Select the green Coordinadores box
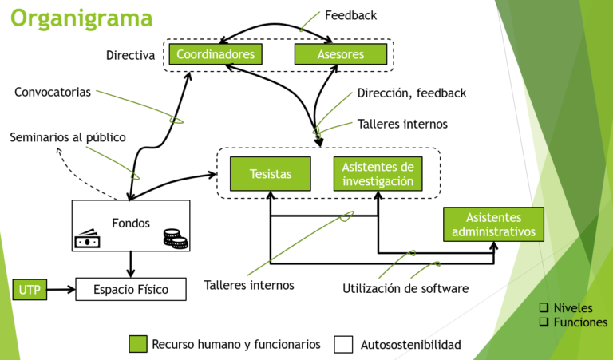click(x=216, y=54)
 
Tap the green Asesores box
click(x=341, y=54)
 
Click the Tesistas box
click(x=271, y=173)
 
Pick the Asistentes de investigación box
click(x=378, y=173)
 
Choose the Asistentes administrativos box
click(x=493, y=224)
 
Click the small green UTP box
click(x=30, y=289)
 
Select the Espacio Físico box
click(x=131, y=289)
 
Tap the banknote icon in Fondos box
click(x=87, y=238)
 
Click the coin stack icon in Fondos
click(x=175, y=238)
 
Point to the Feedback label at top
click(x=350, y=15)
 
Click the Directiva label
click(x=130, y=55)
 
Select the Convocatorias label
click(x=53, y=92)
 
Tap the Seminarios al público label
click(x=68, y=137)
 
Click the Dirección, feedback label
click(x=411, y=93)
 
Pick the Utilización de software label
click(x=405, y=288)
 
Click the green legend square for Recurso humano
click(x=138, y=344)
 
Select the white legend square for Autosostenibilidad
click(x=343, y=344)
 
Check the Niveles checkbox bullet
click(x=544, y=308)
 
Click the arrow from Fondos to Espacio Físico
click(x=131, y=263)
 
